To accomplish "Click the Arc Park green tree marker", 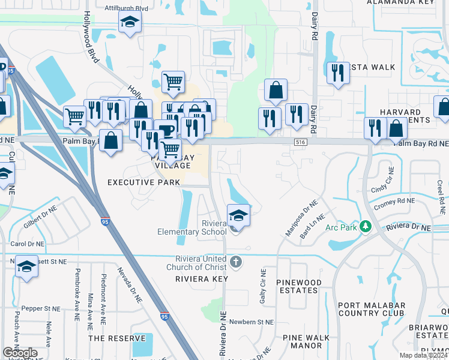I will pos(365,227).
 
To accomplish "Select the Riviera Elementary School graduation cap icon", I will pos(238,215).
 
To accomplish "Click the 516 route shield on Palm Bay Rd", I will pos(301,142).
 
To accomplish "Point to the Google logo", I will pos(20,353).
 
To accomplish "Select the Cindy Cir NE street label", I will pos(388,189).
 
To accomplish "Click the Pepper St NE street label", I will pos(43,308).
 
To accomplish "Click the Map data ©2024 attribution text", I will pos(422,355).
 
